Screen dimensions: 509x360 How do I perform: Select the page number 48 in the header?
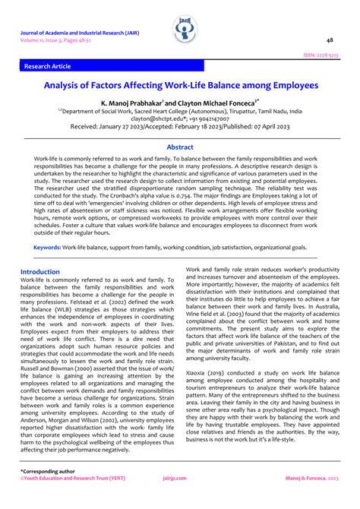330,40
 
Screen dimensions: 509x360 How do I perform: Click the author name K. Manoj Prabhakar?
132,101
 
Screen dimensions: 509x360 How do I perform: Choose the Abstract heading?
180,147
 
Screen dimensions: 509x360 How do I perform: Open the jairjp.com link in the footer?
180,500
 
